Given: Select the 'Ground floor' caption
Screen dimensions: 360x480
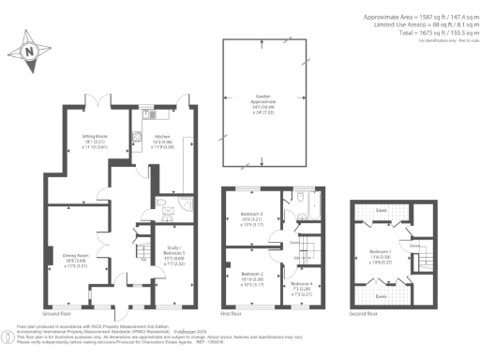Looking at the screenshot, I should [x=57, y=312].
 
